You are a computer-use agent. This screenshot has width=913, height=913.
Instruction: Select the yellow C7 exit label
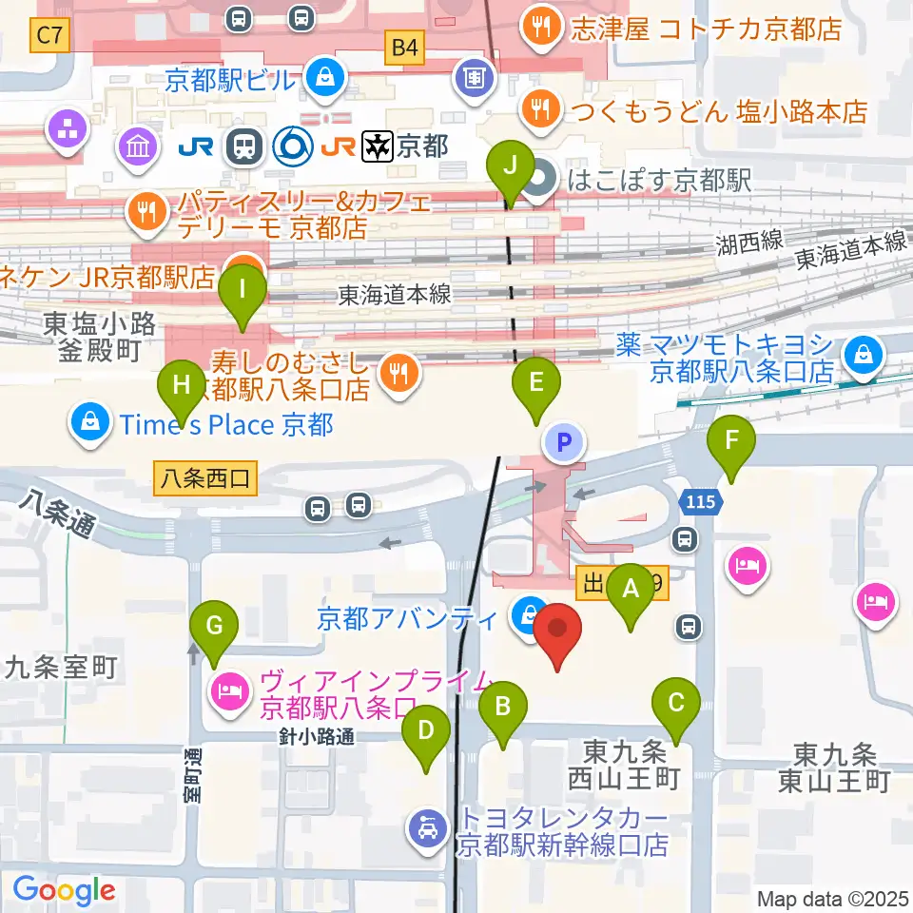pos(50,37)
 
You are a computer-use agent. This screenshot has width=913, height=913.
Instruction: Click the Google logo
pos(65,890)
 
